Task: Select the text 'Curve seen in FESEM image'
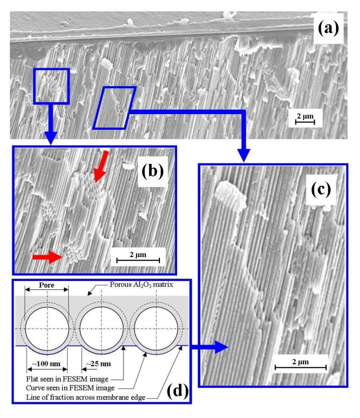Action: pos(70,385)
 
